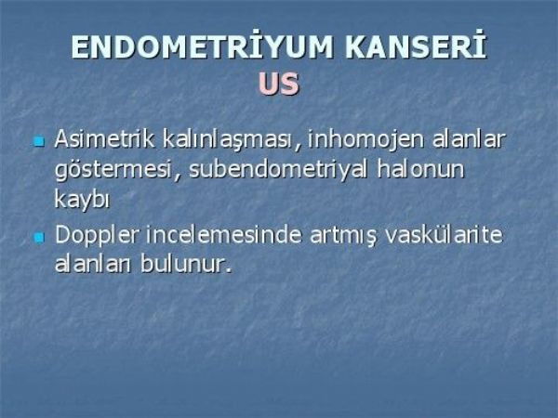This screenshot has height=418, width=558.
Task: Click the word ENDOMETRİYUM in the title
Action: point(202,46)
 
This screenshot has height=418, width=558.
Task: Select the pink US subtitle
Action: point(279,84)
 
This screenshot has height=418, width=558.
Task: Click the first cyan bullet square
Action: point(39,142)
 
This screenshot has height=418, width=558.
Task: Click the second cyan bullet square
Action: point(39,237)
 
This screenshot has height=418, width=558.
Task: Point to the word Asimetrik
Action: point(104,138)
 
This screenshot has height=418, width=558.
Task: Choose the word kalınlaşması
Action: point(229,139)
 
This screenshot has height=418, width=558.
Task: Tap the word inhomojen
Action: point(365,139)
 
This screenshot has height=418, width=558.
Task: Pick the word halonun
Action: point(421,169)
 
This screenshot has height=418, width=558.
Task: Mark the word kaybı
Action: point(82,199)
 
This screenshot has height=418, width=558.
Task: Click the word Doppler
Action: point(96,236)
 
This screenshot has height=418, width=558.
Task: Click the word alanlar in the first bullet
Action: point(469,138)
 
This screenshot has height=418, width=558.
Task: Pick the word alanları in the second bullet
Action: point(92,264)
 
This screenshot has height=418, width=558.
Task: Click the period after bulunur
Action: point(228,271)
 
